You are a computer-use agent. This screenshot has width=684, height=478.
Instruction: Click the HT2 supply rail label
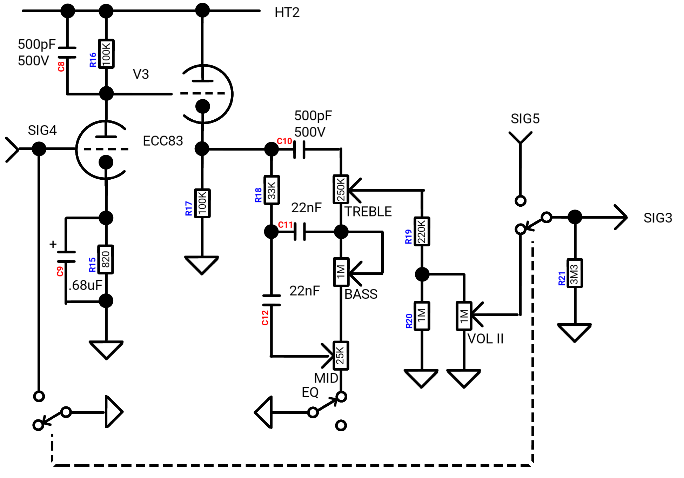287,13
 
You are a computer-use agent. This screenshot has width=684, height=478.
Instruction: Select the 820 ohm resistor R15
106,259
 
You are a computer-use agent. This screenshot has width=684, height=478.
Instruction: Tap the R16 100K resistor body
106,54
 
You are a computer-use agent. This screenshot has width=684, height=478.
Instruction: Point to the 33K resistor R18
271,190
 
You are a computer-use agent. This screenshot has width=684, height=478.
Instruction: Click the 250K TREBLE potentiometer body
341,189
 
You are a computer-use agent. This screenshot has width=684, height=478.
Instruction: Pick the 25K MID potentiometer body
341,356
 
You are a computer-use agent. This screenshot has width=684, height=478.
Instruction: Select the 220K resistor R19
422,231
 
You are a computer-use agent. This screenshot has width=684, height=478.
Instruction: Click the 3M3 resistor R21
575,273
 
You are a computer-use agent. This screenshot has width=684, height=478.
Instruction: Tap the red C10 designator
284,141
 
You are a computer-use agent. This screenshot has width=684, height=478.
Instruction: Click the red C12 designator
265,318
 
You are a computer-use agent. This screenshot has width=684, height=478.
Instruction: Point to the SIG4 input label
42,130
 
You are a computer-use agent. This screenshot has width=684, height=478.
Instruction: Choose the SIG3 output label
658,218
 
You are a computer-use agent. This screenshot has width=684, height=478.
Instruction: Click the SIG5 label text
525,119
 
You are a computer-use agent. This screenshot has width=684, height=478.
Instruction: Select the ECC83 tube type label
163,141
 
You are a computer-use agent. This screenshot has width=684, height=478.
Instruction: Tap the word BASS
361,294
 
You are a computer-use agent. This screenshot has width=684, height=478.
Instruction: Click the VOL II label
485,339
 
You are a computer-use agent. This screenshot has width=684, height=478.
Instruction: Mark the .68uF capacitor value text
85,285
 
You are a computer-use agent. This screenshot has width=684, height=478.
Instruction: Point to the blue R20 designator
409,321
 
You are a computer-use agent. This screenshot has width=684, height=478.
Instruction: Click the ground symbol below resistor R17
202,265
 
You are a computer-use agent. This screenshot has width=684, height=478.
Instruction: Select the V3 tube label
141,74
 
